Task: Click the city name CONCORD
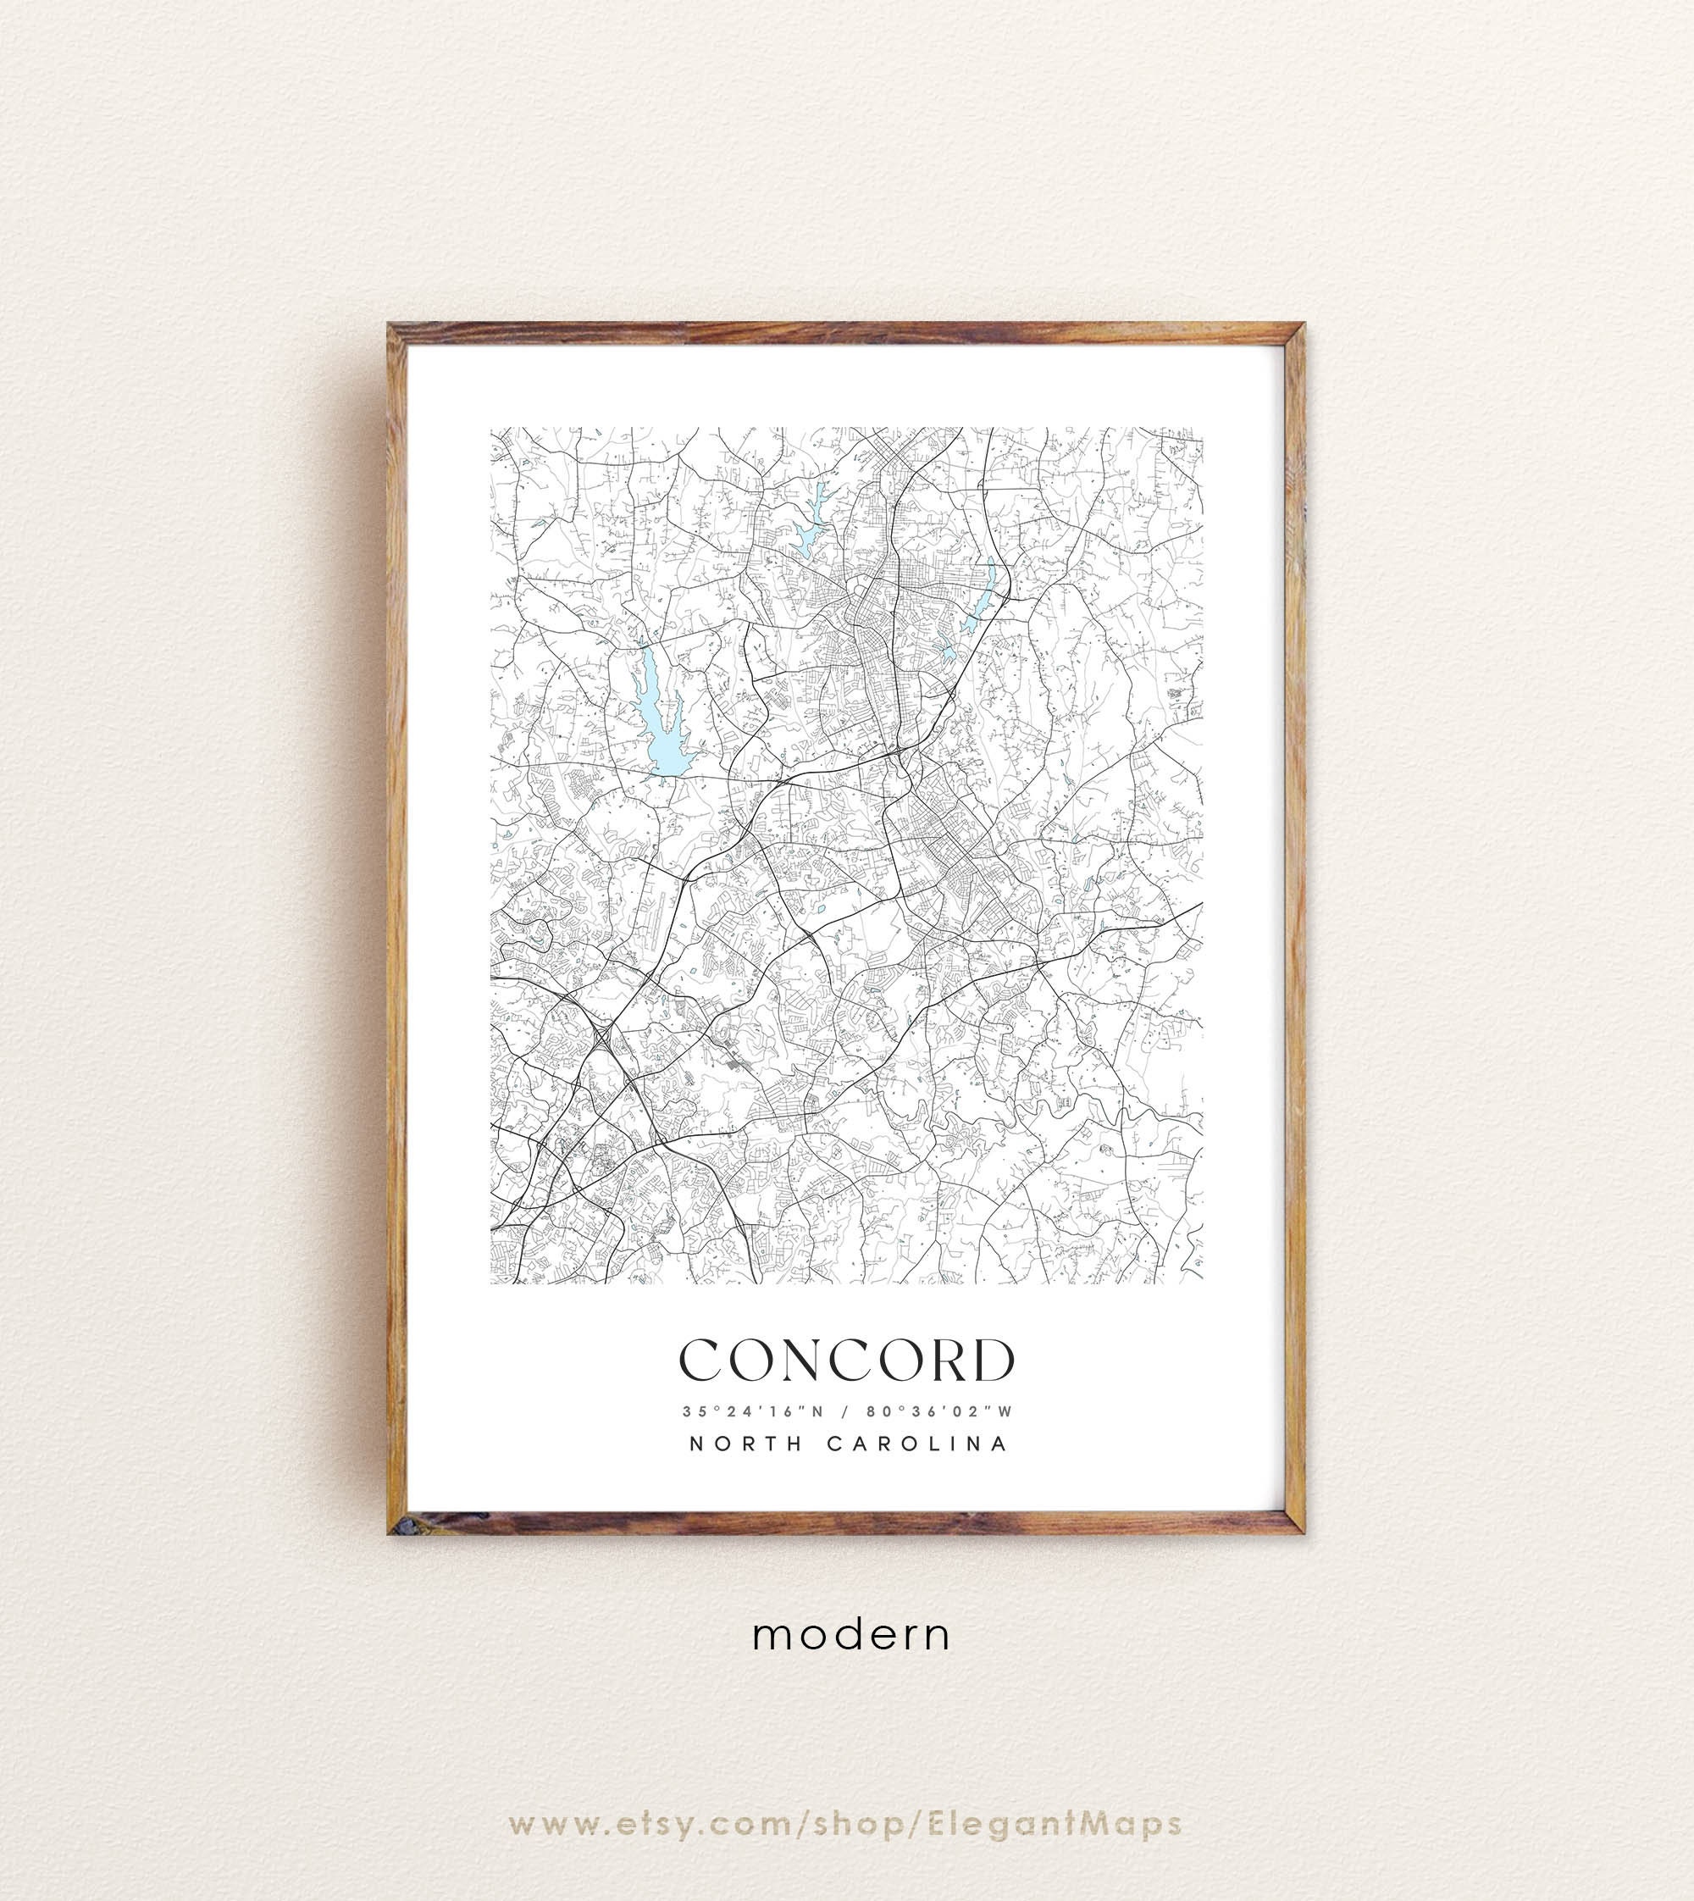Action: click(847, 1361)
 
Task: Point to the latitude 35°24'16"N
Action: click(753, 1411)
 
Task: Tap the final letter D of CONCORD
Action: click(994, 1361)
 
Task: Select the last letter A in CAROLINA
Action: click(999, 1444)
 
